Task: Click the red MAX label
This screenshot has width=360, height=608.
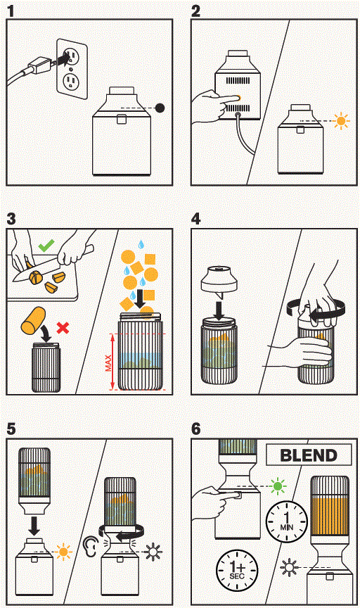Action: point(108,362)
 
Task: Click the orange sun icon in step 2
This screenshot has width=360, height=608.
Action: point(342,121)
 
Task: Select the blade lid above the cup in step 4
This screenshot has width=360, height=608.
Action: point(224,280)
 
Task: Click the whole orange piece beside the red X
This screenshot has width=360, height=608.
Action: point(36,324)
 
